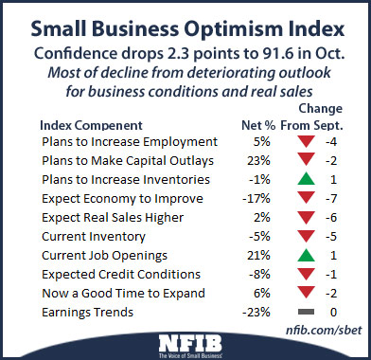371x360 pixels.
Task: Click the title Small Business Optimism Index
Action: pyautogui.click(x=185, y=25)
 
